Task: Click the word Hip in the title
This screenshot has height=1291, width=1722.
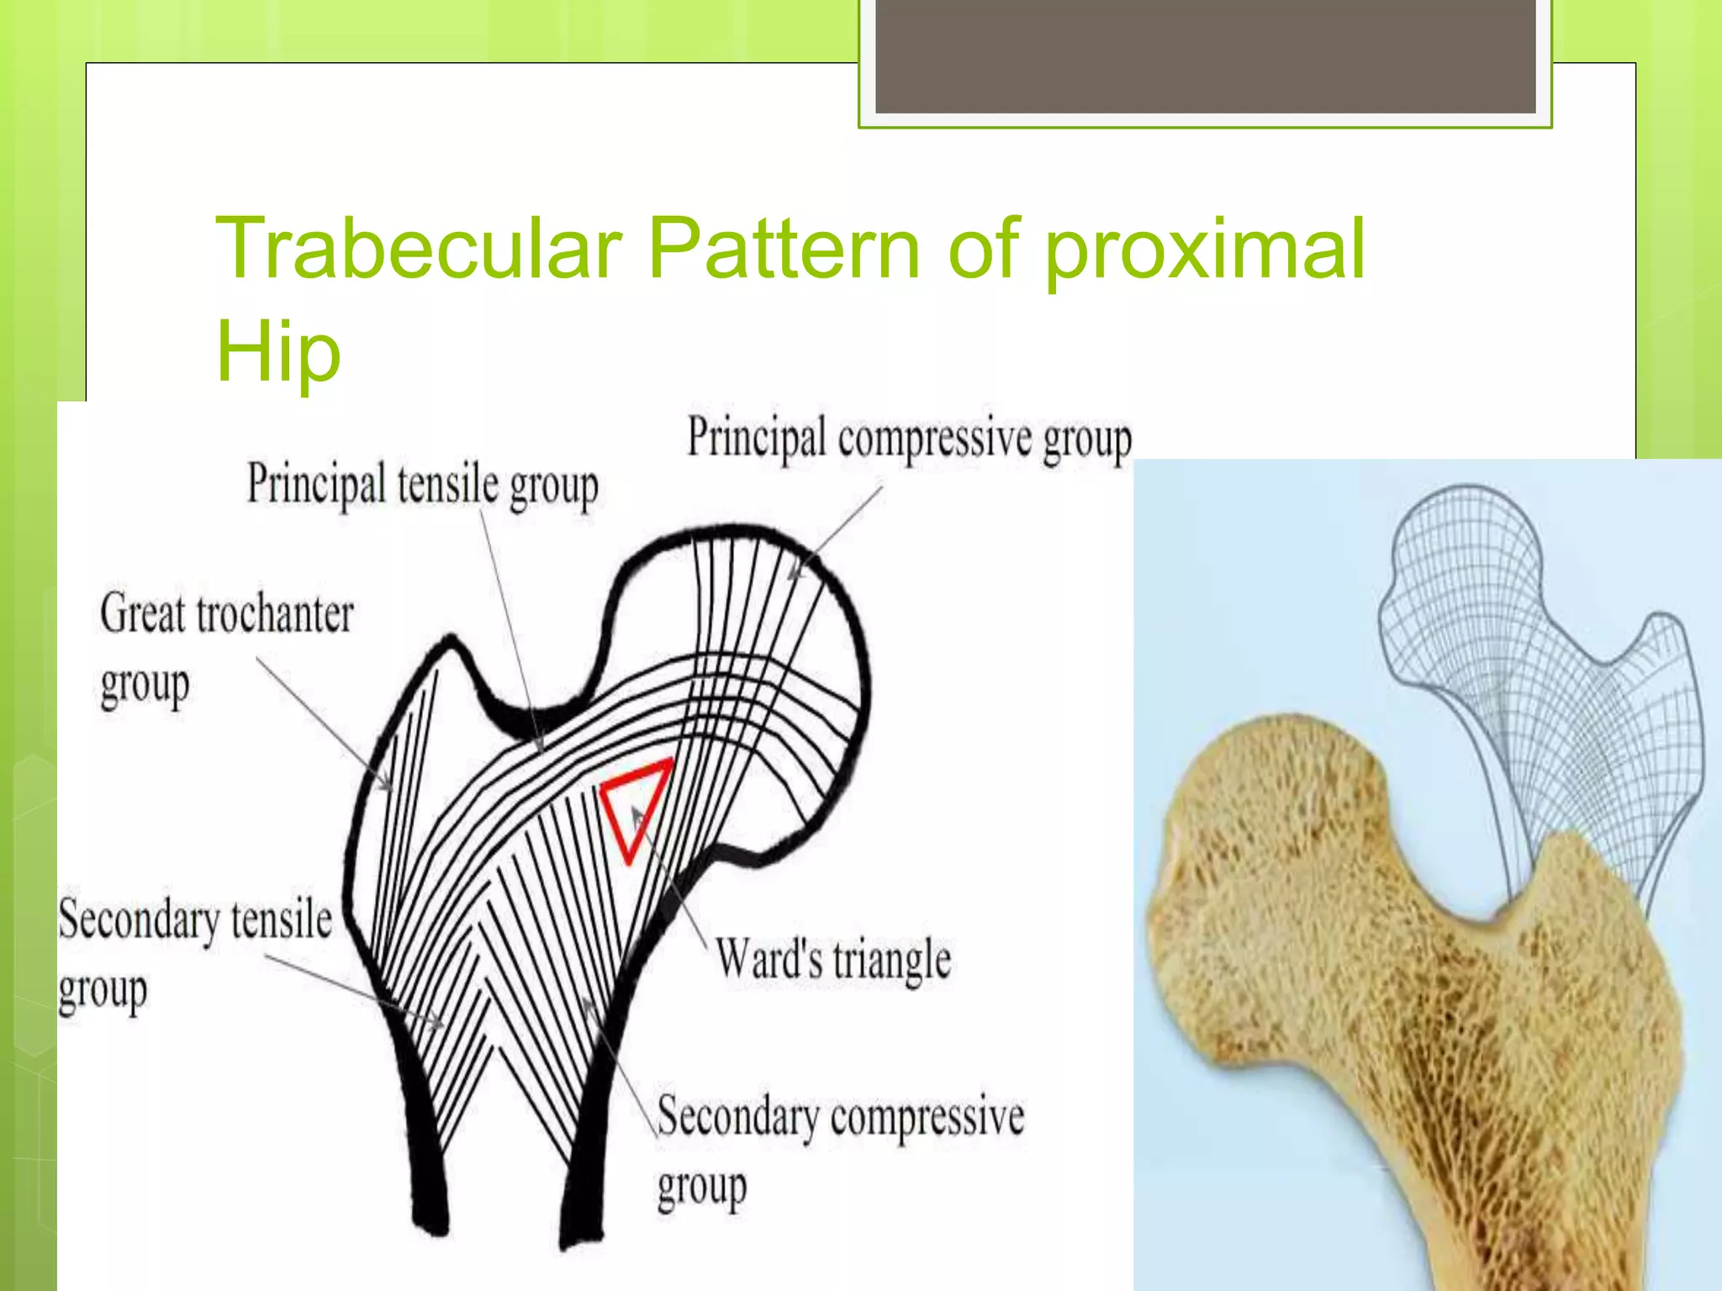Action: point(277,351)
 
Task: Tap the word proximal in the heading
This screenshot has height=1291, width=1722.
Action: point(1204,250)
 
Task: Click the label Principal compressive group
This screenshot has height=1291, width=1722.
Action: point(910,440)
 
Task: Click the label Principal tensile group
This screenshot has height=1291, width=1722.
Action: point(422,485)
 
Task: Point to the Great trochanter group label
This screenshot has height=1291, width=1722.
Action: point(225,647)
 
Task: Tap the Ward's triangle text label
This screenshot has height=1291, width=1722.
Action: point(832,959)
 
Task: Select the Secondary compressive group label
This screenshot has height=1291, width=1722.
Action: point(839,1147)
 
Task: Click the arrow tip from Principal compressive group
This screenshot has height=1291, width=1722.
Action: point(790,578)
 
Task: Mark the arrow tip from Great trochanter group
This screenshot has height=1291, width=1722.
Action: point(390,789)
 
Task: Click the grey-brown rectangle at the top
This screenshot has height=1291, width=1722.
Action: point(1205,55)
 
